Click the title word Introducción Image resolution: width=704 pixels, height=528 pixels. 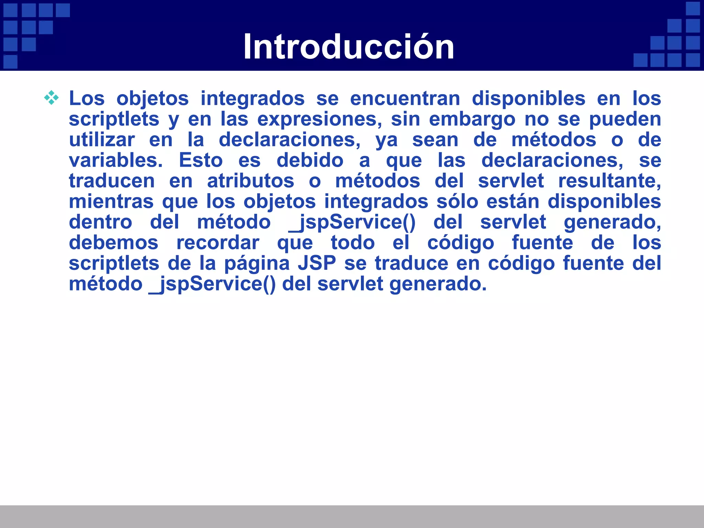349,47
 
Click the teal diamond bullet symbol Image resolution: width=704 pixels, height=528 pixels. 51,98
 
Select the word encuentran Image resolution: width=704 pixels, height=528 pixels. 405,99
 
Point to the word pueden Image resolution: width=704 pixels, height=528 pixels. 625,120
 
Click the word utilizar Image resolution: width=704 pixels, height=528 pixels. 102,140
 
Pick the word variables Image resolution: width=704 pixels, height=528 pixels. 116,161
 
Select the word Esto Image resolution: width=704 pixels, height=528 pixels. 201,161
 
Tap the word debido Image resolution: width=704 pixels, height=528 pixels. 310,161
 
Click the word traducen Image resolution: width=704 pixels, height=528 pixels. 112,181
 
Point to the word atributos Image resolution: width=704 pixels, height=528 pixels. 250,181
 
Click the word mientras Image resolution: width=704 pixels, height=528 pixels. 111,202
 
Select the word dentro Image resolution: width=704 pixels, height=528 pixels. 100,222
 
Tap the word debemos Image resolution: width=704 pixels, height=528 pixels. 113,243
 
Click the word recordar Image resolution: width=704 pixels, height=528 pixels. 218,243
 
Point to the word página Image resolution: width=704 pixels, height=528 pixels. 257,264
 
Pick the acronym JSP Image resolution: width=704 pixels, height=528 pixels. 317,264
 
